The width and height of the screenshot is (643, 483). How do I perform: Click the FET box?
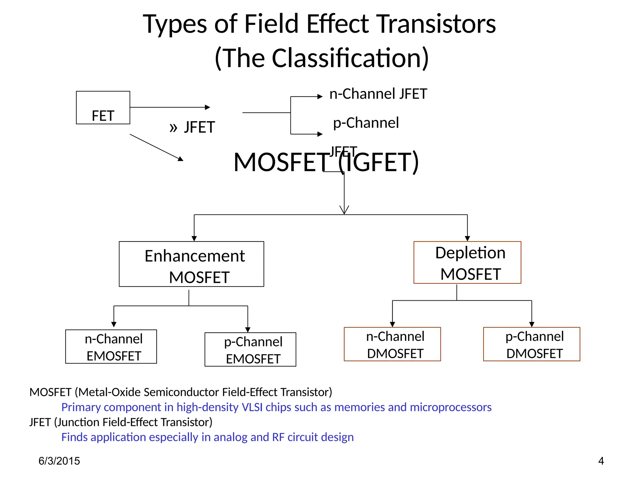103,108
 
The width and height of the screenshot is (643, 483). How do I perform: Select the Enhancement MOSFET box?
191,264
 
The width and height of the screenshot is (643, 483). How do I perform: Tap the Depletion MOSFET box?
467,263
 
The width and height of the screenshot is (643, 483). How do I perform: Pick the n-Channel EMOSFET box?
111,347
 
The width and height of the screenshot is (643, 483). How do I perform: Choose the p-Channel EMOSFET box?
250,349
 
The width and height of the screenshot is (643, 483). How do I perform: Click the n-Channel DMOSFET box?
392,344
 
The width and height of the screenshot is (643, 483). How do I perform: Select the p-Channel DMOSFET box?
532,344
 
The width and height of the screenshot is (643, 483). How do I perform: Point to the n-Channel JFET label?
378,94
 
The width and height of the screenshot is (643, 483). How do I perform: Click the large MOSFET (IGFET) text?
326,162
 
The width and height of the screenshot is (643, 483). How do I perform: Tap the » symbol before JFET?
173,128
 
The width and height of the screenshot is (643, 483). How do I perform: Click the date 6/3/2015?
59,461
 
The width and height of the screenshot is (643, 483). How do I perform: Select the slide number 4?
601,461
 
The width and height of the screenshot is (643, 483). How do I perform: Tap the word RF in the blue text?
278,437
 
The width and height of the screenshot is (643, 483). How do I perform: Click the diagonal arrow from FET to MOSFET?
156,147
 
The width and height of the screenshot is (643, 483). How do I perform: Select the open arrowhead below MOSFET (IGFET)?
344,210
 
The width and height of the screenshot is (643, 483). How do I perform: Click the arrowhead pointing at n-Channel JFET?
320,97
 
